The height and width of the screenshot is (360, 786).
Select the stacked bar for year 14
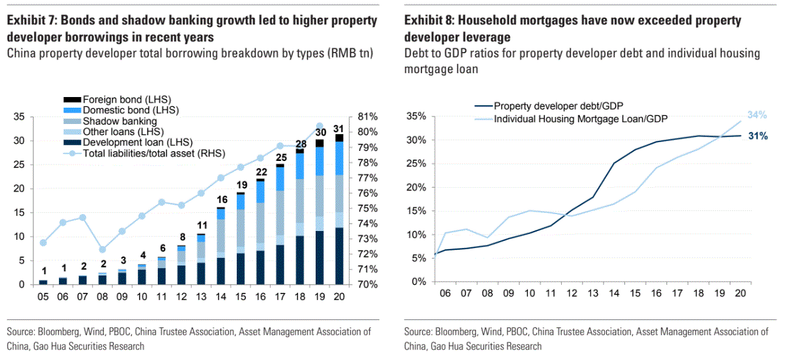click(x=221, y=245)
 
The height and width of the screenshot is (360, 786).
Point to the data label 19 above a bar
click(x=240, y=185)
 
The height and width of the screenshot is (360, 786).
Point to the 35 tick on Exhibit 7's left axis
click(x=19, y=116)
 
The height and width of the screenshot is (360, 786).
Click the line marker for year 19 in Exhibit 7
click(x=319, y=126)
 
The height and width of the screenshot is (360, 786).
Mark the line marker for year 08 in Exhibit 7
click(x=103, y=249)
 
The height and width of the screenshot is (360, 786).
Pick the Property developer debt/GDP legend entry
click(x=558, y=106)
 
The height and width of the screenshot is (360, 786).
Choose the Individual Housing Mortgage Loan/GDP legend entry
click(x=580, y=118)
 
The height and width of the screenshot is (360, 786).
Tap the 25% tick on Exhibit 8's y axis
click(x=416, y=164)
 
